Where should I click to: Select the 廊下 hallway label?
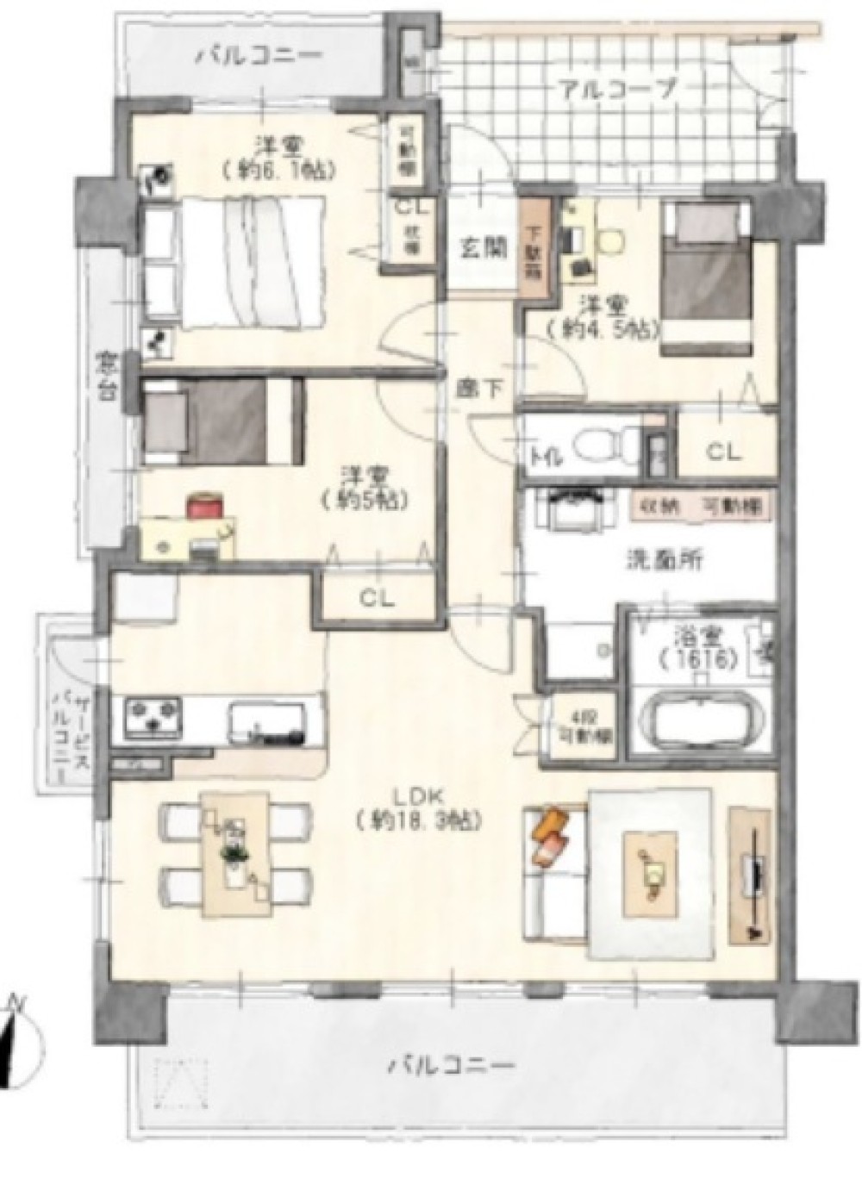[x=479, y=389]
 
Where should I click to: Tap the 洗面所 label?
[x=664, y=560]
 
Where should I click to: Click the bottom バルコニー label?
[x=450, y=1065]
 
